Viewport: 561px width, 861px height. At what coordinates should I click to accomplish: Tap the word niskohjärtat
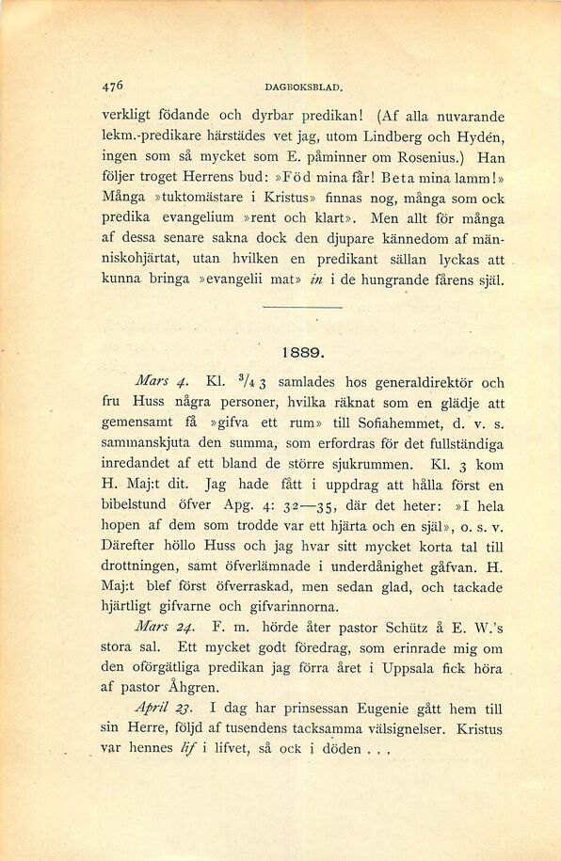pyautogui.click(x=146, y=260)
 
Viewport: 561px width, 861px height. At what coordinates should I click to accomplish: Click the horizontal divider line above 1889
pyautogui.click(x=303, y=308)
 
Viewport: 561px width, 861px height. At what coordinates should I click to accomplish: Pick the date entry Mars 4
pyautogui.click(x=164, y=383)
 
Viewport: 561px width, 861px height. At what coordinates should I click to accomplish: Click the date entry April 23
pyautogui.click(x=168, y=709)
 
